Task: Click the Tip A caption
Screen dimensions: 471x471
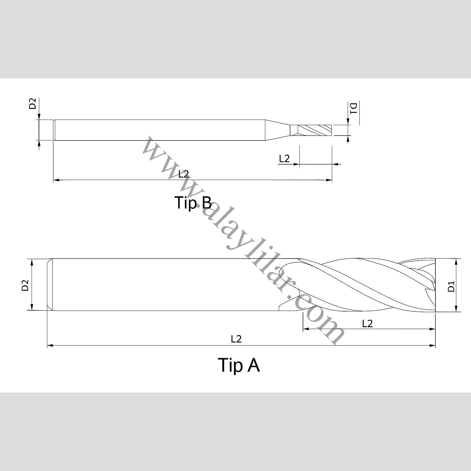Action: [239, 365]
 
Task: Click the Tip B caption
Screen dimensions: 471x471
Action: [193, 202]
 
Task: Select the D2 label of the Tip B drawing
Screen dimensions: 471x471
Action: [33, 104]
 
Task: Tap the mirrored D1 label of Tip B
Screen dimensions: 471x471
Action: [354, 108]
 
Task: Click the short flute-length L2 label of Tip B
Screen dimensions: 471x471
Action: [284, 159]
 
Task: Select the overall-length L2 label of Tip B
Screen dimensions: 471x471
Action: [184, 174]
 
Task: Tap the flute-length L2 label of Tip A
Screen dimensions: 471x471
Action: [367, 324]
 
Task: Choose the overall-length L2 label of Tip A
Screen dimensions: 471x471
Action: [236, 339]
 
